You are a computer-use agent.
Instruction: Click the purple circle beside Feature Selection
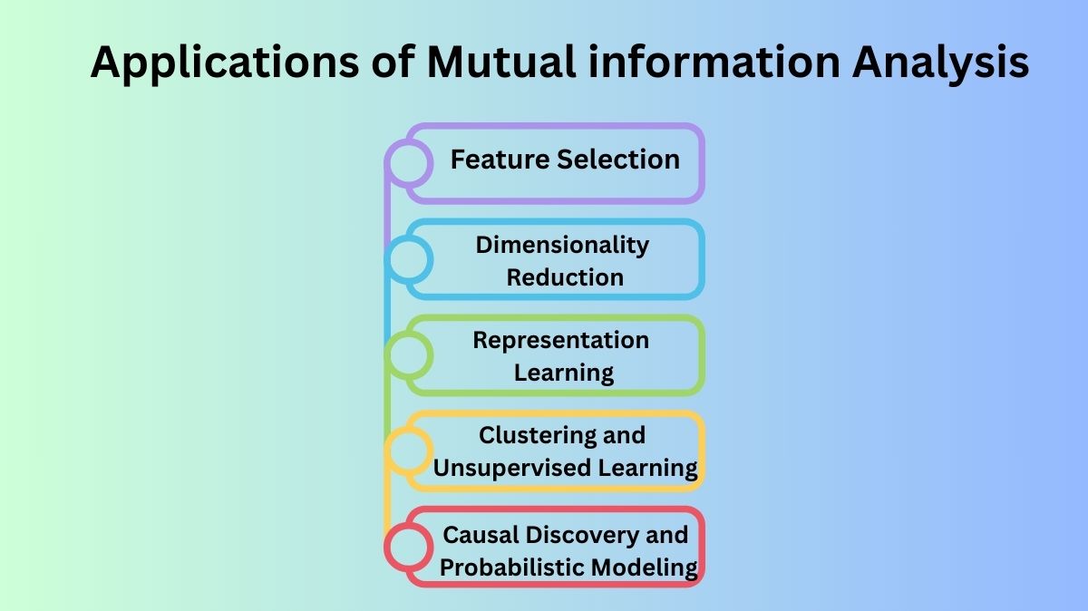[408, 163]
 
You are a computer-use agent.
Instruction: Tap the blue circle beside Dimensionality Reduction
[408, 259]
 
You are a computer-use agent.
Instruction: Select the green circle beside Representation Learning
[408, 355]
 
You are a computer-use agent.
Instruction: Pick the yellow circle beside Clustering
[408, 451]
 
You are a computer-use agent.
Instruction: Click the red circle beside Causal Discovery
[408, 547]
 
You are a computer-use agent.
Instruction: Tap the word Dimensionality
[562, 245]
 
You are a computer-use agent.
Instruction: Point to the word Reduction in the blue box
[565, 277]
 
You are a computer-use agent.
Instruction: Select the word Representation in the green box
[561, 341]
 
